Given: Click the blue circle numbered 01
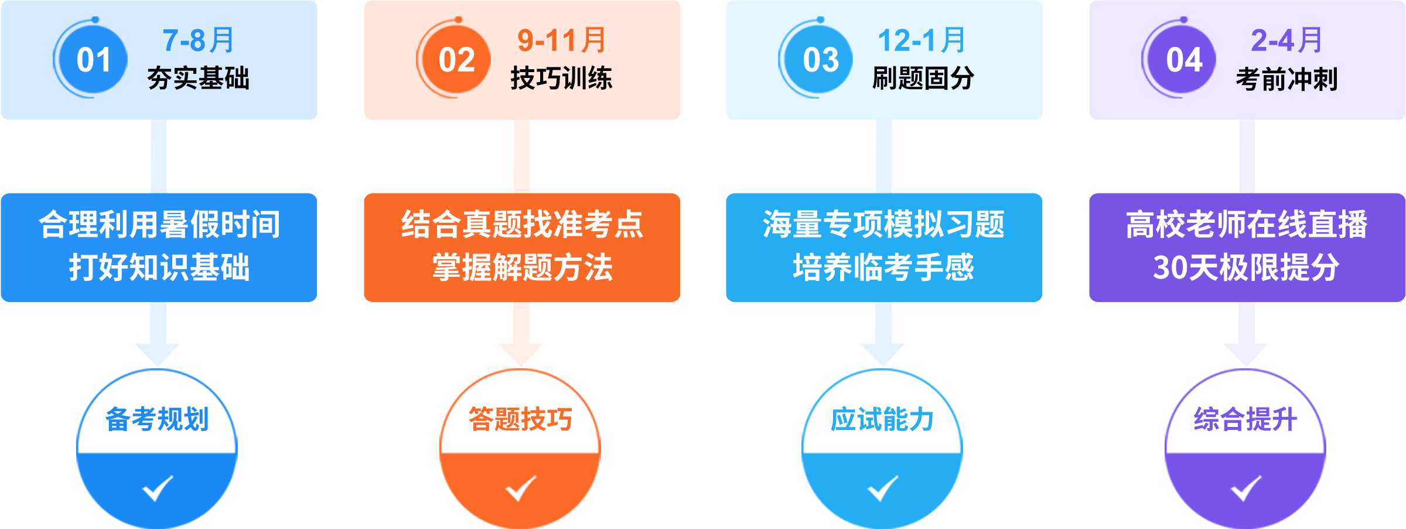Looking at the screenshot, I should [94, 60].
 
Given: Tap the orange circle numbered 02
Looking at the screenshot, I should [457, 60].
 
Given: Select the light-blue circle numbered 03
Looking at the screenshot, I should [820, 60].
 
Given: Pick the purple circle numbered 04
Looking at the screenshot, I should [1183, 60].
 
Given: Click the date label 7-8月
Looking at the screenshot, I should [199, 40].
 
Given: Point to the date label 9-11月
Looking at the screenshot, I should [561, 40].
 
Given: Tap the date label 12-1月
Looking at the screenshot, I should [922, 40].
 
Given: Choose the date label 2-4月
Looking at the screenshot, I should [1286, 40].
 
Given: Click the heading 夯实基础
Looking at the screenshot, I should [199, 79].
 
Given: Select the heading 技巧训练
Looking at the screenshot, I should [561, 79].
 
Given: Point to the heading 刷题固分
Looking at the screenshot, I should [923, 79].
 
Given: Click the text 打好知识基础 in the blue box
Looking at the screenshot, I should [159, 267].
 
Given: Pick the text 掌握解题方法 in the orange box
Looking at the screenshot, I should [522, 267].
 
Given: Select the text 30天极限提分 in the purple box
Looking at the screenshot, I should [1246, 267].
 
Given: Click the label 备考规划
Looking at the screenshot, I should [157, 419].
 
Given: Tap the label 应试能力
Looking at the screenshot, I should [882, 419].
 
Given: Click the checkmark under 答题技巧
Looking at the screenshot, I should [520, 488].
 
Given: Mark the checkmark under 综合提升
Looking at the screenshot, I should [1245, 488].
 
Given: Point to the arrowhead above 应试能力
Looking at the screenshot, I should [882, 354].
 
